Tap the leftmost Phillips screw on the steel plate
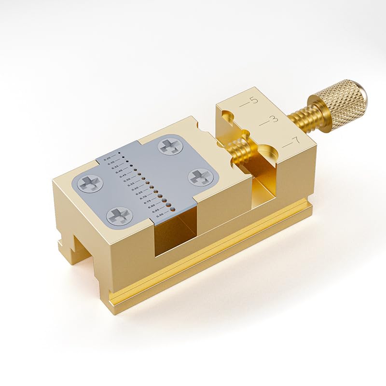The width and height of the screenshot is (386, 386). pos(90,183)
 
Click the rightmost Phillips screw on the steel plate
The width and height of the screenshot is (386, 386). pos(200,177)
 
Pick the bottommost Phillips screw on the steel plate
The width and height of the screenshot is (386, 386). pos(119,215)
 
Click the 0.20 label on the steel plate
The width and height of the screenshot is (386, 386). pos(107,158)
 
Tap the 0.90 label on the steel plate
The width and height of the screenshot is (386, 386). pos(159,216)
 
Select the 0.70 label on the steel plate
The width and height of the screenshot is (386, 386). pos(143,198)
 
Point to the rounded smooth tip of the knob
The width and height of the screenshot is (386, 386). pos(363,95)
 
